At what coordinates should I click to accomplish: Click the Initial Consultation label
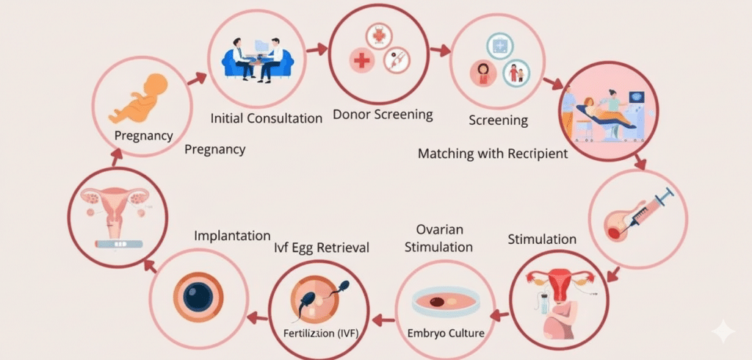click(x=266, y=118)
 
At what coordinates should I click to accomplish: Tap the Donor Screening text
click(x=383, y=115)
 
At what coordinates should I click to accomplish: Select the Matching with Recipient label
click(x=493, y=154)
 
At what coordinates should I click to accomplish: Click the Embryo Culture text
click(x=446, y=333)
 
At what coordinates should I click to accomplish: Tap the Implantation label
click(x=232, y=236)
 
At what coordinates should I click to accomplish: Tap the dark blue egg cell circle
click(x=198, y=297)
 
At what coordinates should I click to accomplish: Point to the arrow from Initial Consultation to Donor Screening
click(x=317, y=50)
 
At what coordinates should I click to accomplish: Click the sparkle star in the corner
click(x=723, y=332)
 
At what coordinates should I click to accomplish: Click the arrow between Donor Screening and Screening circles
click(x=440, y=51)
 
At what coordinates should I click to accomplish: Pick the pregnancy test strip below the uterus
click(x=113, y=242)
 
